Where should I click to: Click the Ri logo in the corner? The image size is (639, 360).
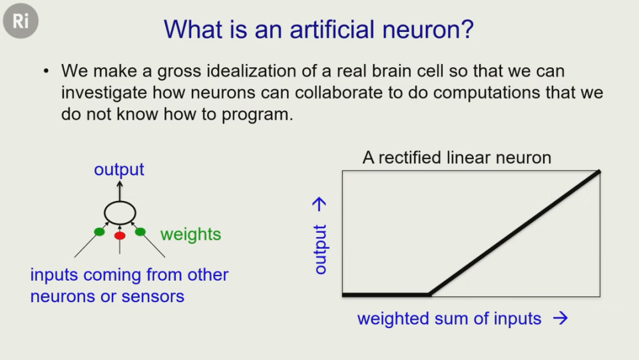click(x=21, y=21)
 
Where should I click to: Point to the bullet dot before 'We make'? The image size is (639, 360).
click(x=46, y=72)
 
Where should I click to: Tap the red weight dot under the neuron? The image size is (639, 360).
click(x=120, y=236)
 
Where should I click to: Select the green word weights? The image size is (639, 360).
click(x=191, y=235)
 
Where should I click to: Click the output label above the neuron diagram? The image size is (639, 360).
click(x=119, y=170)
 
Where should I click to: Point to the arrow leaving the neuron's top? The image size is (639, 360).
click(x=119, y=191)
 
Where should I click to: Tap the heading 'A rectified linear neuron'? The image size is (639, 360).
click(x=457, y=158)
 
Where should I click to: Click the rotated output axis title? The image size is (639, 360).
click(x=320, y=250)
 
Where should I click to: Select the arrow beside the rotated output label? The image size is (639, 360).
click(x=319, y=204)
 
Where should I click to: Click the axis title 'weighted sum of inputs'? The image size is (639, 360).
click(x=449, y=319)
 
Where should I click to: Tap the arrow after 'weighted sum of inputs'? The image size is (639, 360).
click(x=560, y=318)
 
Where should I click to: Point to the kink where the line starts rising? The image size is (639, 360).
click(x=431, y=294)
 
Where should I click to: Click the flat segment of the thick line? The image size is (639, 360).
click(x=386, y=295)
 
